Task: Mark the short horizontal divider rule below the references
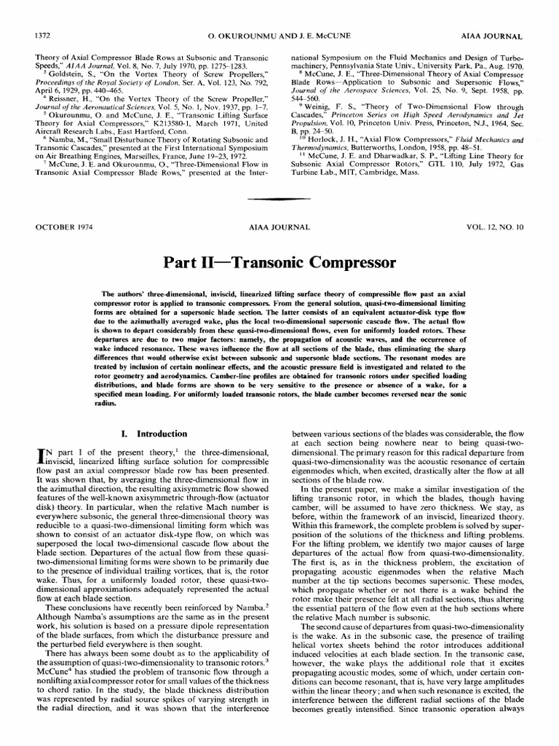click(279, 198)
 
